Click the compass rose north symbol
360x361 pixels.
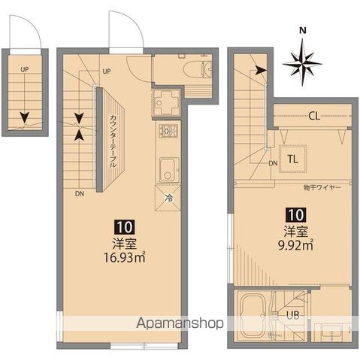pyautogui.click(x=302, y=61)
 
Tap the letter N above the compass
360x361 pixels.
pyautogui.click(x=302, y=31)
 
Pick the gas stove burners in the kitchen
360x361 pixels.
pyautogui.click(x=166, y=133)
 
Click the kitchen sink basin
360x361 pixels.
pyautogui.click(x=167, y=166)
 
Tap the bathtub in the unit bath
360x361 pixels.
pyautogui.click(x=254, y=314)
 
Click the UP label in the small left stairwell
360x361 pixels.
pyautogui.click(x=25, y=69)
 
